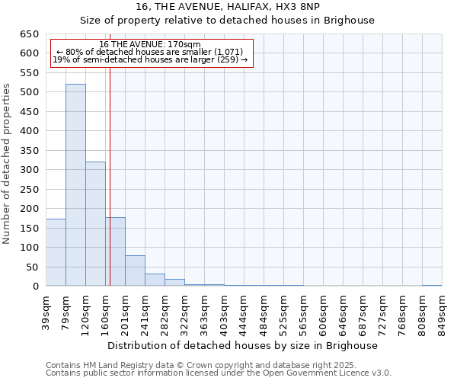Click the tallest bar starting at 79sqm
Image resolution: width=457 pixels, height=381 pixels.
(x=75, y=185)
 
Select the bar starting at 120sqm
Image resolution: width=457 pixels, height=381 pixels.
(x=95, y=224)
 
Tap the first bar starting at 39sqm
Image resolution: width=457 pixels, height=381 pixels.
(x=56, y=252)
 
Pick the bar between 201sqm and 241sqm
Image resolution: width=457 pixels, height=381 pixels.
(x=135, y=271)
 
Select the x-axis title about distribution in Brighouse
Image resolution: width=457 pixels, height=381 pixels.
(x=243, y=345)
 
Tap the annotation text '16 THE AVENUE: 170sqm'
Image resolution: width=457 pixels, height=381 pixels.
(x=150, y=44)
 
